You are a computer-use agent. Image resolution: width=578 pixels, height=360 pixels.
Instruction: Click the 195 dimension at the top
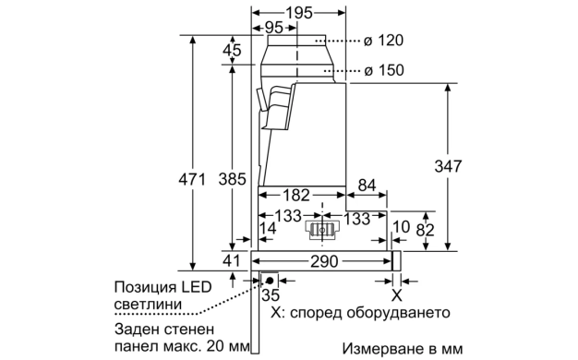point(299,13)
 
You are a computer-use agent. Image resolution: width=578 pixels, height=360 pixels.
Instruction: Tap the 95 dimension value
point(273,28)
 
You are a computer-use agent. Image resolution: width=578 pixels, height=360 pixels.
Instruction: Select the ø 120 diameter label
point(383,41)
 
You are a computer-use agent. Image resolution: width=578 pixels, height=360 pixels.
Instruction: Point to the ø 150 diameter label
point(384,70)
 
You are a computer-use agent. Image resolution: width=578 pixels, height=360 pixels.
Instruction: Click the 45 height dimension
point(232,50)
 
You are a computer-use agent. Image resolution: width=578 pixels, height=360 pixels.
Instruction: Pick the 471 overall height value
point(192,179)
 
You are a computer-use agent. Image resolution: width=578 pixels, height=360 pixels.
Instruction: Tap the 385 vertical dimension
point(232,179)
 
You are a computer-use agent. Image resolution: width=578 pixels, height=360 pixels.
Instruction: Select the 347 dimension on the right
point(448,166)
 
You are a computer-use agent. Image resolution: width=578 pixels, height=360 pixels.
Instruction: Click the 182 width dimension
point(296,195)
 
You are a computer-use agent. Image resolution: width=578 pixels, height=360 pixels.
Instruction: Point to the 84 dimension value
point(367,186)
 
